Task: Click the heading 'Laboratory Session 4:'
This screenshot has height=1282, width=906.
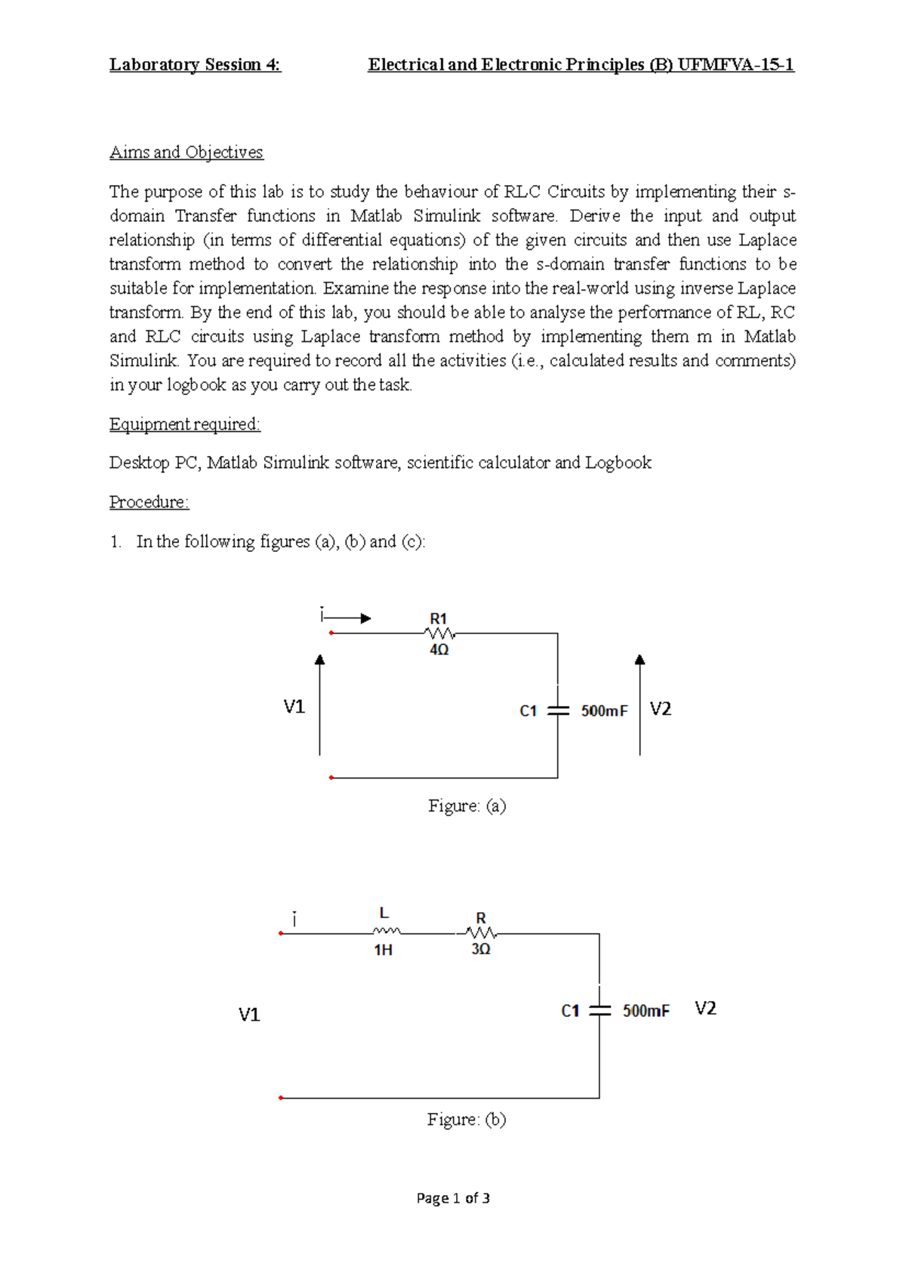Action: [195, 65]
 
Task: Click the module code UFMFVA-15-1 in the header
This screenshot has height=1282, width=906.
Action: [735, 65]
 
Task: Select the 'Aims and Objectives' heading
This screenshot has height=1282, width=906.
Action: [186, 153]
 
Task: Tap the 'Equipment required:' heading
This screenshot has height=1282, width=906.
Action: [184, 424]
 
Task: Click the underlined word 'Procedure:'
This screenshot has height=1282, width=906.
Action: [149, 502]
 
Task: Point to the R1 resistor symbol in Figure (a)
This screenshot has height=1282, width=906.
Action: [439, 633]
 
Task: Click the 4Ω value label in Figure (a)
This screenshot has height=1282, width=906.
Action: [439, 650]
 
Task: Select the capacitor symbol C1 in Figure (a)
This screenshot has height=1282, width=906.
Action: [557, 710]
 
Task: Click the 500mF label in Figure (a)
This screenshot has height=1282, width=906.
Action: [604, 711]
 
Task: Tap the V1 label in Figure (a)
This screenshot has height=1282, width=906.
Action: [294, 707]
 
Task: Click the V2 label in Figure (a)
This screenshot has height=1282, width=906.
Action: [660, 709]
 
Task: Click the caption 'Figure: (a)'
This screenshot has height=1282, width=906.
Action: [467, 806]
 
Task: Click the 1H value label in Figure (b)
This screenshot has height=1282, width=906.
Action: [384, 950]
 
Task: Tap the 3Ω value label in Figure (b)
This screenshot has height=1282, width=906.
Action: [481, 949]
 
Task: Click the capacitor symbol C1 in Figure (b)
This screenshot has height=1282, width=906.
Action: [599, 1010]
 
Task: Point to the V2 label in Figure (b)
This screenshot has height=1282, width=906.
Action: [705, 1009]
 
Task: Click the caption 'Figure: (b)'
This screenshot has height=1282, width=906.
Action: [466, 1120]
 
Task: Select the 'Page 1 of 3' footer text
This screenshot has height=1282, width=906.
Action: [453, 1198]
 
